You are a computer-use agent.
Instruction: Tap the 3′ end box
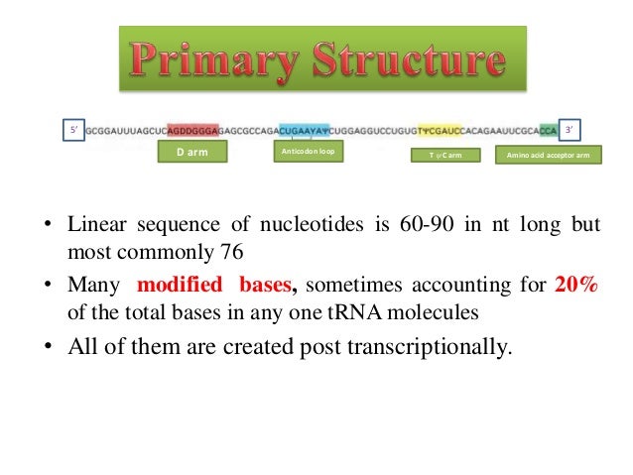coord(571,129)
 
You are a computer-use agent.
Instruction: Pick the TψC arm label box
coord(445,156)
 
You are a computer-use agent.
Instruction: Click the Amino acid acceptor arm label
coord(547,156)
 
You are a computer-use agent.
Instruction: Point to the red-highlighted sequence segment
coord(199,129)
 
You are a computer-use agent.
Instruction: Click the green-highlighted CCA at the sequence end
coord(549,129)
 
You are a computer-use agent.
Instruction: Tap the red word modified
coord(179,286)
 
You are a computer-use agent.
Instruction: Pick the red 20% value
coord(576,286)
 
